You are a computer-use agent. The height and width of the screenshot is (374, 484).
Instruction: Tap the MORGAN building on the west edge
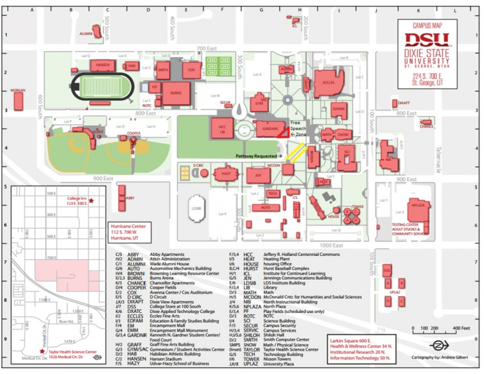tap(18, 99)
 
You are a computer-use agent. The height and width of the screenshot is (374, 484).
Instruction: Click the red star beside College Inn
tap(91, 201)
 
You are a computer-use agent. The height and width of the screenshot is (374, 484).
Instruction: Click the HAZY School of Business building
tap(225, 174)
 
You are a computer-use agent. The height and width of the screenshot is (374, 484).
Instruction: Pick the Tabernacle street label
tap(439, 155)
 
